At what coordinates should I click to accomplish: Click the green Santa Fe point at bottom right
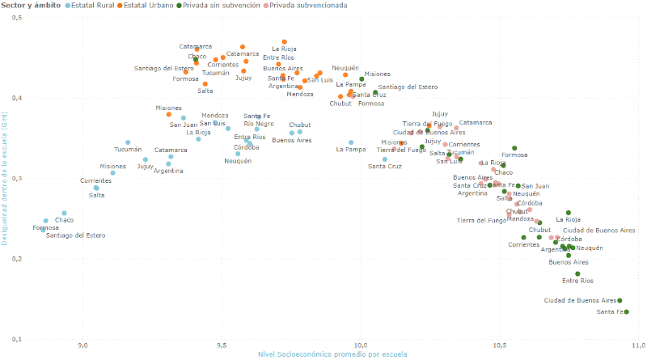(x=627, y=312)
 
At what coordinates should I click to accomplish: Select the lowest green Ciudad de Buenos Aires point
(x=620, y=300)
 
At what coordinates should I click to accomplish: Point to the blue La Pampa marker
(x=351, y=142)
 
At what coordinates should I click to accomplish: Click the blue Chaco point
(x=65, y=214)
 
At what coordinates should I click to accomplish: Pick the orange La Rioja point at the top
(x=285, y=42)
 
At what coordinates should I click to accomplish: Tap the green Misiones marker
(x=362, y=79)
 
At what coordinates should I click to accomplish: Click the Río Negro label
(x=259, y=124)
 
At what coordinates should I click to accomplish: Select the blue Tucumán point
(x=128, y=142)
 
